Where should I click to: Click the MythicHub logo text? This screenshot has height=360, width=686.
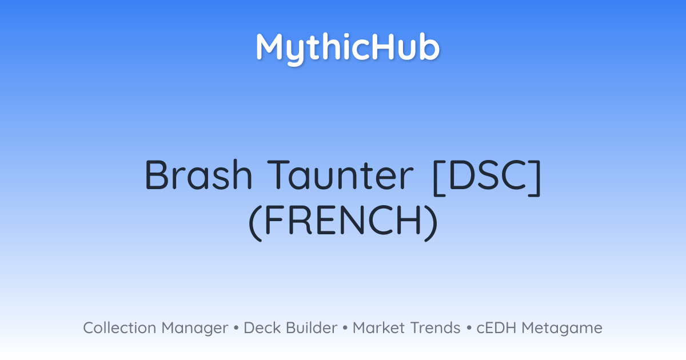point(348,49)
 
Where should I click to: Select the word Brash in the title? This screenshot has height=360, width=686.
point(198,175)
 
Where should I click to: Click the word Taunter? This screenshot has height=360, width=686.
point(340,175)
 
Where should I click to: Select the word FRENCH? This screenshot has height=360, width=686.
point(344,220)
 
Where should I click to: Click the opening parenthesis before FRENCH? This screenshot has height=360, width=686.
point(256,222)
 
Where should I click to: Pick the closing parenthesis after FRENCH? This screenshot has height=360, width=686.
point(431,222)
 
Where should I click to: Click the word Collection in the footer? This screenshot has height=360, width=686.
point(119,327)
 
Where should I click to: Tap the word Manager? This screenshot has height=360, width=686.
point(195,329)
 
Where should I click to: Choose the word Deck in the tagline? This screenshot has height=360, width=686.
point(262,327)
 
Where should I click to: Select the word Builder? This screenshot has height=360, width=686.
point(312,327)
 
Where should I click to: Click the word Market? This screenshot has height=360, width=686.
point(379,327)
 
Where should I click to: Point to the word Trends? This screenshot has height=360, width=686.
point(435,327)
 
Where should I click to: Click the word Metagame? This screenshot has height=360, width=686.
point(562,329)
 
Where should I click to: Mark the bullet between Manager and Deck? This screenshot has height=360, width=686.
point(236,328)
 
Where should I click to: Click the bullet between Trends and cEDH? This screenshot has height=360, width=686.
point(469,328)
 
